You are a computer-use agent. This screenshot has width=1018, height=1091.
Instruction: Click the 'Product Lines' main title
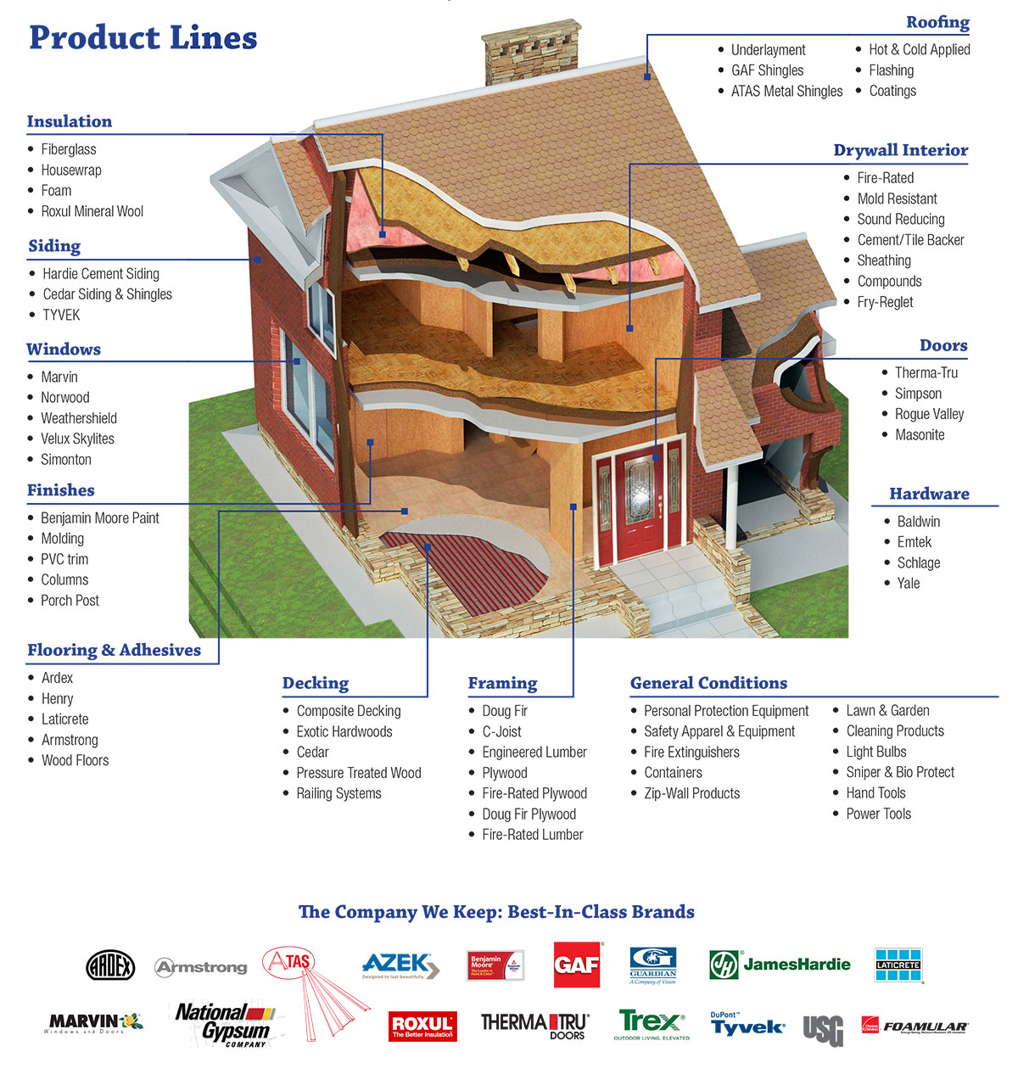(x=143, y=38)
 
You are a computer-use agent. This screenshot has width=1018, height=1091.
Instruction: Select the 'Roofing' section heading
(x=937, y=23)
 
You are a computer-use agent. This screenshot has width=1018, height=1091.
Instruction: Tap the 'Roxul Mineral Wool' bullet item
(x=92, y=211)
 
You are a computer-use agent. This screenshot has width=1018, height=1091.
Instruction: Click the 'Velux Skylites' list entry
(x=77, y=439)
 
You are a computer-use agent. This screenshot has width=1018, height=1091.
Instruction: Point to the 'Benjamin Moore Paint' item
(x=99, y=518)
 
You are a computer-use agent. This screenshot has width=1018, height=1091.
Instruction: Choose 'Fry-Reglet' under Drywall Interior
(x=885, y=302)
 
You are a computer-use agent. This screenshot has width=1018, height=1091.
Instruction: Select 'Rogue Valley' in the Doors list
(x=929, y=414)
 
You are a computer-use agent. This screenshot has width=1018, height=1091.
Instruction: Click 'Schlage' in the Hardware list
(x=918, y=562)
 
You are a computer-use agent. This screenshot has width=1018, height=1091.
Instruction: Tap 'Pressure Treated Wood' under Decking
(x=358, y=773)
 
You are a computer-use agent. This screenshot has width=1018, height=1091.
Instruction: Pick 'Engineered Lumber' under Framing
(x=534, y=753)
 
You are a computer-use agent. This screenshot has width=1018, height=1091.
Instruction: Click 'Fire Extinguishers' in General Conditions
(x=691, y=753)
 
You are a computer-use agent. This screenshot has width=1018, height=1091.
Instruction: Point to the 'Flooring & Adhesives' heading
(x=114, y=651)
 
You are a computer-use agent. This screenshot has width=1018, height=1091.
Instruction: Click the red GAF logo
(x=577, y=965)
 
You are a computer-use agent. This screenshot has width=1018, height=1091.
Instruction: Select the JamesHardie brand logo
(x=780, y=965)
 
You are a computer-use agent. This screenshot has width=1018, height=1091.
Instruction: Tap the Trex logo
(x=651, y=1024)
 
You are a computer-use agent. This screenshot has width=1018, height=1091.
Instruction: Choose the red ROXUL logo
(x=422, y=1027)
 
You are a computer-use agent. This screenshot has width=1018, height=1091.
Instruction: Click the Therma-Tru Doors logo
(x=534, y=1025)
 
